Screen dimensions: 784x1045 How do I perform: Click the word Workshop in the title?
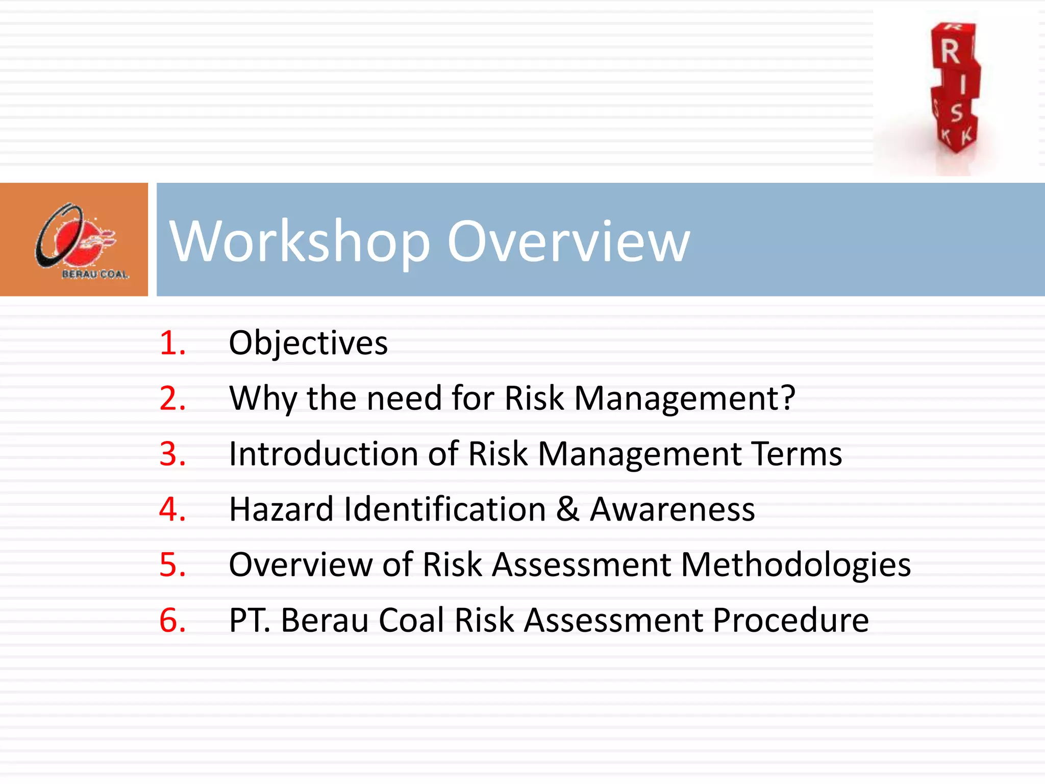coord(300,241)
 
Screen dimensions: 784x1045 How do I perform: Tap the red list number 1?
coord(172,342)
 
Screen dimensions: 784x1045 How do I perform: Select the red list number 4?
coord(172,509)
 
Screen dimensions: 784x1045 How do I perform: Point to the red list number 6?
coord(172,621)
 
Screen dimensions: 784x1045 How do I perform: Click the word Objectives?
coord(308,343)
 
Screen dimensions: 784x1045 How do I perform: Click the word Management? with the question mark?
coord(684,399)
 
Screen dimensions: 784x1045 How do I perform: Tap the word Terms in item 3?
coord(797,454)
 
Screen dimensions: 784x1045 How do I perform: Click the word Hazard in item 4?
coord(281,509)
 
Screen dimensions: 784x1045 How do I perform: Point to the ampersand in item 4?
coord(567,509)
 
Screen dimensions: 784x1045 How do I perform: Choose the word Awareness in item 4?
coord(672,509)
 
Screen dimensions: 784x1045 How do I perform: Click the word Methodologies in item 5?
coord(795,565)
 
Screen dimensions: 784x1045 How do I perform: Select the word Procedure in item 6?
coord(790,621)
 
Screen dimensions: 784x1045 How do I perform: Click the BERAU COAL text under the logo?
coord(95,275)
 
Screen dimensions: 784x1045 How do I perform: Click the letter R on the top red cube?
coord(950,52)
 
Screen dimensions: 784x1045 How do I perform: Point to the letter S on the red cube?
coord(956,113)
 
